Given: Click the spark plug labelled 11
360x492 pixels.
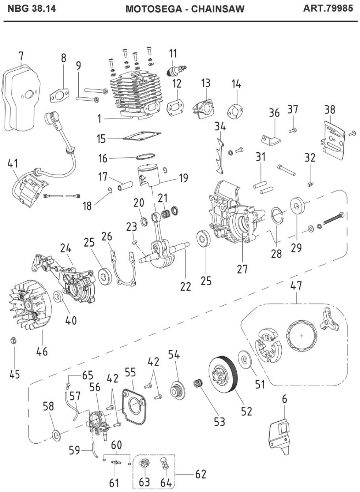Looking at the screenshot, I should (177, 69).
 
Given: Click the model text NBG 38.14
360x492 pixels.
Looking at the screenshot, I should (32, 8).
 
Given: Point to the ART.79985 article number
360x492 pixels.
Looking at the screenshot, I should (328, 8).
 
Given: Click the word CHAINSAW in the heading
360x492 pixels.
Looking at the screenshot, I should (217, 9).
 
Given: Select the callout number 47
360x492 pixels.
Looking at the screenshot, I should (296, 285).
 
